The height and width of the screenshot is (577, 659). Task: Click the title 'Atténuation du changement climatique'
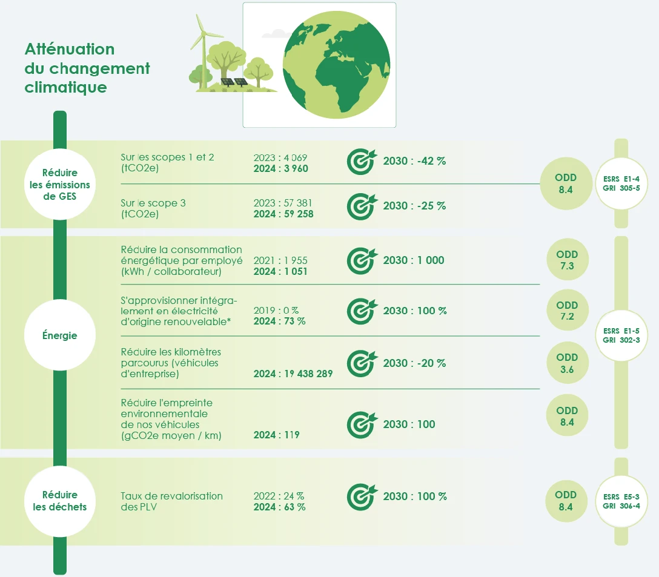pyautogui.click(x=87, y=68)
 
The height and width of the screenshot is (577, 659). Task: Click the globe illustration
pyautogui.click(x=336, y=65)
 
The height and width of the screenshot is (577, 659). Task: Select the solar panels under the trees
pyautogui.click(x=234, y=82)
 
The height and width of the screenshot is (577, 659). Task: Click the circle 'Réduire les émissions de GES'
pyautogui.click(x=60, y=184)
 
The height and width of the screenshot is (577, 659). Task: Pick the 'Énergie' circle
pyautogui.click(x=60, y=335)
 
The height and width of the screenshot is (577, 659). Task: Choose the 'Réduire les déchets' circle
pyautogui.click(x=60, y=501)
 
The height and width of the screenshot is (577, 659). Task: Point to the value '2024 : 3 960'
pyautogui.click(x=281, y=168)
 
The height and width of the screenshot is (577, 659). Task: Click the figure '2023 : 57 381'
pyautogui.click(x=283, y=203)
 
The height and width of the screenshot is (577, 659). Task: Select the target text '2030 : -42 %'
pyautogui.click(x=414, y=161)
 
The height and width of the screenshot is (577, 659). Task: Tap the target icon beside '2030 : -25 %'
pyautogui.click(x=362, y=206)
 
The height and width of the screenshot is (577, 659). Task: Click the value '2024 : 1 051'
pyautogui.click(x=280, y=271)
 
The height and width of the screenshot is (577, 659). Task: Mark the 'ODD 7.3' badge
pyautogui.click(x=568, y=260)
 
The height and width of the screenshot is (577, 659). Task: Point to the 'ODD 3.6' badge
pyautogui.click(x=568, y=363)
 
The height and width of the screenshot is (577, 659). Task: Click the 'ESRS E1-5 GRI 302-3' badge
pyautogui.click(x=621, y=335)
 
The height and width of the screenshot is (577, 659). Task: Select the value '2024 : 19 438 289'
pyautogui.click(x=293, y=374)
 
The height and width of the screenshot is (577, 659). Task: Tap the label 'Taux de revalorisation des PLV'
pyautogui.click(x=171, y=501)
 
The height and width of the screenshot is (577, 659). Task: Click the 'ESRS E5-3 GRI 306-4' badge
pyautogui.click(x=621, y=501)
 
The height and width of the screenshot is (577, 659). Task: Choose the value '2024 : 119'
pyautogui.click(x=277, y=435)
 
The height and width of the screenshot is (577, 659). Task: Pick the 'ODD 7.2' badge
pyautogui.click(x=568, y=310)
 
